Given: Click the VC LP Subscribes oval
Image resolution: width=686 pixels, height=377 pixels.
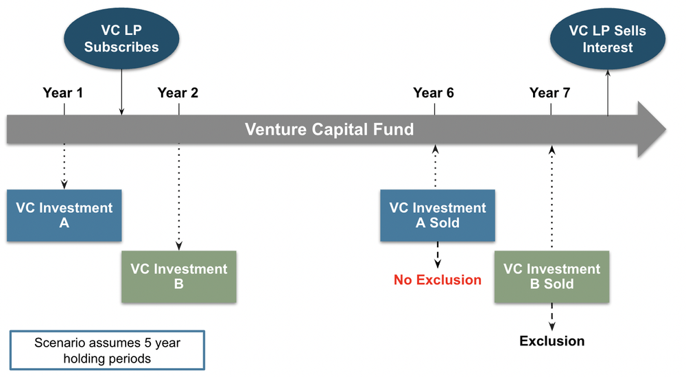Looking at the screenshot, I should (x=121, y=39).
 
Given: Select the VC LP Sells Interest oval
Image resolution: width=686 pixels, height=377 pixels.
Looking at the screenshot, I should (x=608, y=39).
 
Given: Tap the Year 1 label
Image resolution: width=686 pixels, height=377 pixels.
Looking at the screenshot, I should (x=62, y=93).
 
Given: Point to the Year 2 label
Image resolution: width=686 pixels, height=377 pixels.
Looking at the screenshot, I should (x=178, y=93).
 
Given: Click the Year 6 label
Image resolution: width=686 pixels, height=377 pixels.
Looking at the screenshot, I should (x=434, y=93).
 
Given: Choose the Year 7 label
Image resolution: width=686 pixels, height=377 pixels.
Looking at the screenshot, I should (x=549, y=93).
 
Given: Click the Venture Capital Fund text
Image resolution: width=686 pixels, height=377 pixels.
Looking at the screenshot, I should (x=329, y=129).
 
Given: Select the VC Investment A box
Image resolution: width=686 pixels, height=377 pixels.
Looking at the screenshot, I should (x=64, y=216).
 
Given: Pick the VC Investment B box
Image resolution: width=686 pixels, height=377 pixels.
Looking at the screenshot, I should (x=179, y=277).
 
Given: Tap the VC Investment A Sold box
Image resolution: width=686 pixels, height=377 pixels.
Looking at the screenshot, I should (x=438, y=216).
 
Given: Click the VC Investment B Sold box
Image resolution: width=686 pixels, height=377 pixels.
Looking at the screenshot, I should (x=552, y=277).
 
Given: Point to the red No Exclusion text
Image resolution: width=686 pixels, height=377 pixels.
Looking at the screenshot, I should (x=438, y=279).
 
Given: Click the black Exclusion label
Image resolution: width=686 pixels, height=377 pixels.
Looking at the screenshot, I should (x=552, y=341).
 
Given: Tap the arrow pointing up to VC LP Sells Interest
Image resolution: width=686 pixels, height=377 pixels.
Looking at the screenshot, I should (x=608, y=89).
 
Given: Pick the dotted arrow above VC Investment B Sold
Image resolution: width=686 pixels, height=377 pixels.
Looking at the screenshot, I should (x=552, y=199).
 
